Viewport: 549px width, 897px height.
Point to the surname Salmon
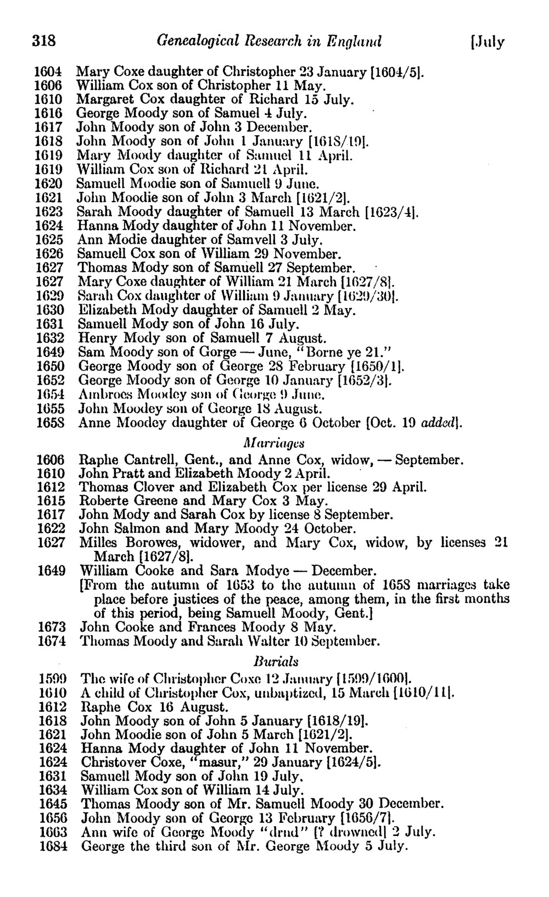(x=136, y=529)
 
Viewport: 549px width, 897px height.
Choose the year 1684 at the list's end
(x=53, y=846)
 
